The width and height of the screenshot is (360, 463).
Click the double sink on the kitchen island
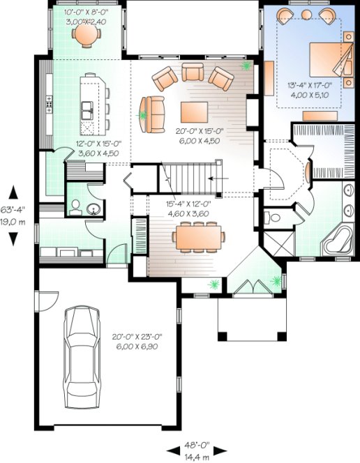tap(89, 110)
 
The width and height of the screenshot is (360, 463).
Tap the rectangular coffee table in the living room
tap(195, 112)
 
